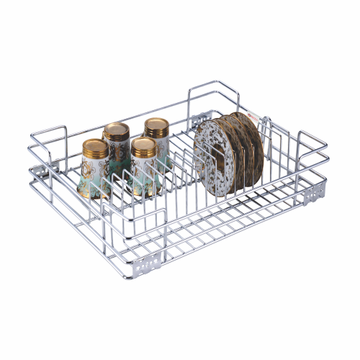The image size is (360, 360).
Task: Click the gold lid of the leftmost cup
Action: click(x=95, y=147)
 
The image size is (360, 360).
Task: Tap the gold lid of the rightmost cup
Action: click(x=156, y=127)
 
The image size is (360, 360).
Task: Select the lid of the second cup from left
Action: click(x=116, y=131)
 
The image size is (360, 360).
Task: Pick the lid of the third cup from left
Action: click(x=143, y=146)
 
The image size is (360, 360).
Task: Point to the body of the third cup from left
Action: click(x=144, y=173)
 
